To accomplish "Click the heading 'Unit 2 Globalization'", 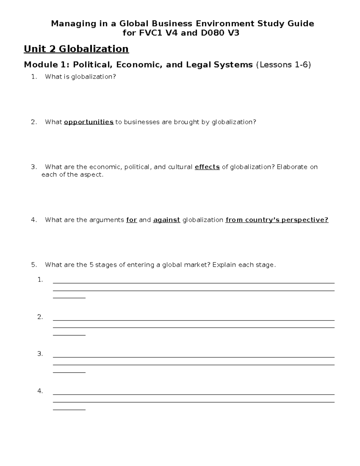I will [76, 49].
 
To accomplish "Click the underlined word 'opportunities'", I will [88, 122].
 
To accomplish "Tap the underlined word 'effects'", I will [207, 167].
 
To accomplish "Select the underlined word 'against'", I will [166, 220].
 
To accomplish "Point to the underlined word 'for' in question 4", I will [131, 220].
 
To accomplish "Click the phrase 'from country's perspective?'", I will [277, 220].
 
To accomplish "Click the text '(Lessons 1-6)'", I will [283, 65].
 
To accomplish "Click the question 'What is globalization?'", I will [80, 77].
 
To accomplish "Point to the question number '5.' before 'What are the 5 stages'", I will [34, 265].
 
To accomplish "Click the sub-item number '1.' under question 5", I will [40, 280].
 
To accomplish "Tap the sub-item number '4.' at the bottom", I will [40, 391].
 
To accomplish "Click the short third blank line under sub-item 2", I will [69, 335].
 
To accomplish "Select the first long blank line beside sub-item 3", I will [193, 357].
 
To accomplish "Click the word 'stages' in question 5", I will [106, 265].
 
